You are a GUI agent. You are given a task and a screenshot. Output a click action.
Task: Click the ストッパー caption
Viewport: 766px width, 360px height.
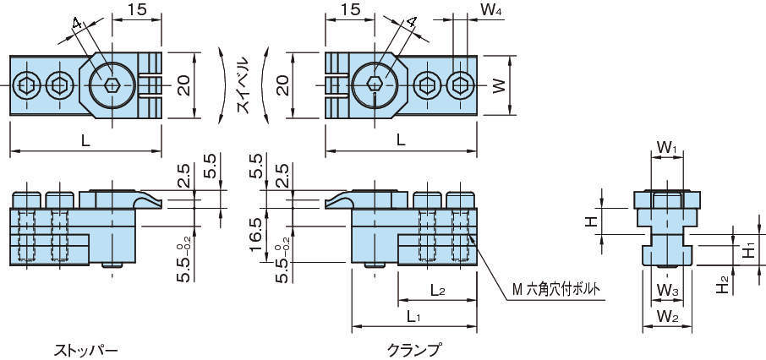point(85,348)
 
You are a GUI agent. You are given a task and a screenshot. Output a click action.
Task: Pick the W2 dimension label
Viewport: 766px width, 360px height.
point(667,317)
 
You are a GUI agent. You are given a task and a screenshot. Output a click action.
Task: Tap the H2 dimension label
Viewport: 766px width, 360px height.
point(721,284)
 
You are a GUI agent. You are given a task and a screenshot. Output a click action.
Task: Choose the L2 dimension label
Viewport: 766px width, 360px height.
point(438,291)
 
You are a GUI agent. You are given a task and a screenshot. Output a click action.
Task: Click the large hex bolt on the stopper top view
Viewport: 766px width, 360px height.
point(112,84)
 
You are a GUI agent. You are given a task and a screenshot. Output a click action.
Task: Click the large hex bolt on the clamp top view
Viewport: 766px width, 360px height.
point(375,84)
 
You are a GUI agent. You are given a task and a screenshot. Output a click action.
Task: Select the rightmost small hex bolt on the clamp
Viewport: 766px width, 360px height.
point(460,84)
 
